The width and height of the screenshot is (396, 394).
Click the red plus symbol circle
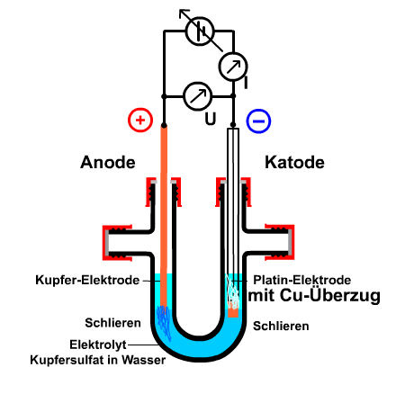(x=140, y=120)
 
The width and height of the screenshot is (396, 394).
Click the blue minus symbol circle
(x=258, y=121)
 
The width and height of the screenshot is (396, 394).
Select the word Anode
(x=108, y=162)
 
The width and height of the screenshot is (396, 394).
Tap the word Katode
(x=294, y=162)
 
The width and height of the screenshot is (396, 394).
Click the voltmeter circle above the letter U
(x=198, y=96)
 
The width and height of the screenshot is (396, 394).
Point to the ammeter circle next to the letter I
(x=233, y=67)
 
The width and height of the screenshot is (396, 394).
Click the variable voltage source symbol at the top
(x=200, y=31)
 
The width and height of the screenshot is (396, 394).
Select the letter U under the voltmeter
(x=211, y=119)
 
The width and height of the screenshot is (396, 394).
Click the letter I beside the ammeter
(x=246, y=83)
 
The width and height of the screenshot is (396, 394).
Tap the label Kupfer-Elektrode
(x=87, y=280)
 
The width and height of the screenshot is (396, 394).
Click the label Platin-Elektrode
(x=302, y=280)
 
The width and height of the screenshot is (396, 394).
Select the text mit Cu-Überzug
(x=314, y=296)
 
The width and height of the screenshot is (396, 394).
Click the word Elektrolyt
(x=98, y=345)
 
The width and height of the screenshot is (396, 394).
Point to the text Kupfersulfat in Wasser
(x=98, y=360)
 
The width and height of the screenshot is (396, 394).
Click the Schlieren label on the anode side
(x=112, y=323)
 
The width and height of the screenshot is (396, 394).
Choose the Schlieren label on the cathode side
(x=281, y=326)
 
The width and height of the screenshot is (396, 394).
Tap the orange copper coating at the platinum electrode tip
(x=233, y=312)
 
